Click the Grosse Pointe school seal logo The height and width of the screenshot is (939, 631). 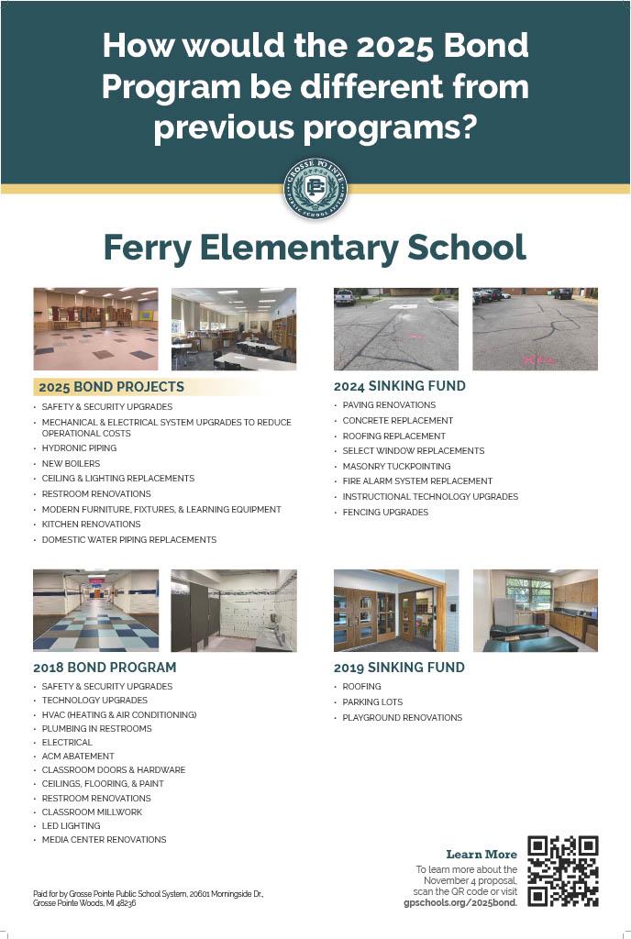click(x=315, y=188)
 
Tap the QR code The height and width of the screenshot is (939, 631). click(x=563, y=871)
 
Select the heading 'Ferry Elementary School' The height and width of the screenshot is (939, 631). click(x=315, y=248)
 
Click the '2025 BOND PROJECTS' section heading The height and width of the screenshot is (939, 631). click(x=111, y=387)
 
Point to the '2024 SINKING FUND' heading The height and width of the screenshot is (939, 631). click(x=399, y=386)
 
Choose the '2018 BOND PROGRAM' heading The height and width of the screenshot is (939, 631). click(x=105, y=668)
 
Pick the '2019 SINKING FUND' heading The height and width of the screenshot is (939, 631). click(x=399, y=668)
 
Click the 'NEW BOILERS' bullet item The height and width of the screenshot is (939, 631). click(x=71, y=464)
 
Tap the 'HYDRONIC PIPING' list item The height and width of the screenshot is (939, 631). click(x=79, y=448)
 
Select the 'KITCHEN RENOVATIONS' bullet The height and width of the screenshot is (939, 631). click(x=91, y=525)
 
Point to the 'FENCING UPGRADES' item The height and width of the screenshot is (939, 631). click(x=385, y=513)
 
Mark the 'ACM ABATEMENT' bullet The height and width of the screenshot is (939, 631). click(x=78, y=757)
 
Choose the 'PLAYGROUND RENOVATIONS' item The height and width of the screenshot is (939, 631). click(x=402, y=718)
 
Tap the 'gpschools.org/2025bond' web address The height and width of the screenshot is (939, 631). click(x=460, y=902)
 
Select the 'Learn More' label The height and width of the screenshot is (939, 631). click(x=482, y=855)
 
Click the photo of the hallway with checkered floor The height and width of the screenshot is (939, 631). click(x=95, y=611)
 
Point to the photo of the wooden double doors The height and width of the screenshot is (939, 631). click(x=396, y=611)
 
